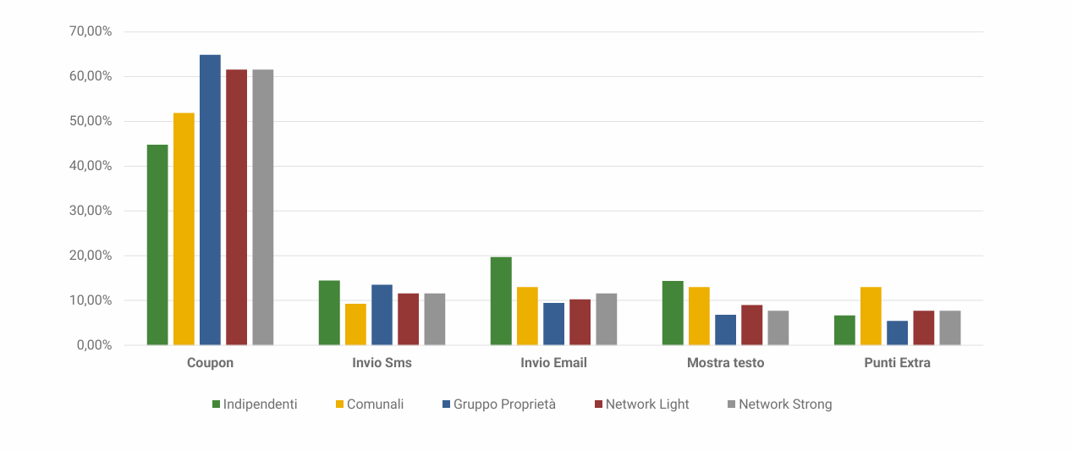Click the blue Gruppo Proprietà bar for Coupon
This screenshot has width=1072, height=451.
210,200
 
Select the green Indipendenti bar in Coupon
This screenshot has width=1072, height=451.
157,245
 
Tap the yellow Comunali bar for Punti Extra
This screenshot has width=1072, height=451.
871,316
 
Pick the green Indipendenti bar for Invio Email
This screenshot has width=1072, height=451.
501,300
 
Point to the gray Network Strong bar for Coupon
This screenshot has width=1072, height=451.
262,207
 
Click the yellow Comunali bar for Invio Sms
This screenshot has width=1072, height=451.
355,324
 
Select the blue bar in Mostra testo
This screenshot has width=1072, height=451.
725,330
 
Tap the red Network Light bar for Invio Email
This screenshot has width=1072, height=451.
580,322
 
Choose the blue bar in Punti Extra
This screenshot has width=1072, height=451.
897,333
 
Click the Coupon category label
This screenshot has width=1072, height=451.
210,363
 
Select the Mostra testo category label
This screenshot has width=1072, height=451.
725,363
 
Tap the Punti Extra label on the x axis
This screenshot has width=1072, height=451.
897,363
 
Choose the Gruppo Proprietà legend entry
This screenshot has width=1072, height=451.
504,404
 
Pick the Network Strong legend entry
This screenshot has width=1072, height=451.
785,404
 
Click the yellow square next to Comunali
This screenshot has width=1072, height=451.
340,404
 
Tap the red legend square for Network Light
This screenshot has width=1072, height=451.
598,404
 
